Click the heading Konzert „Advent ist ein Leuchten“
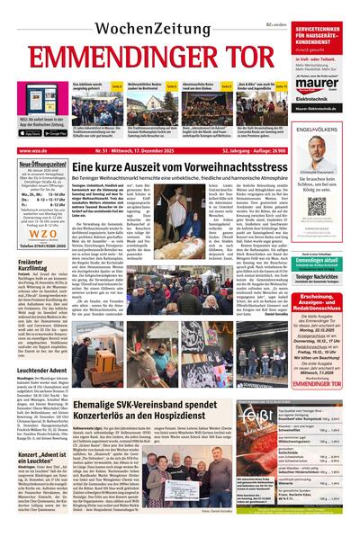point(43,434)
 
